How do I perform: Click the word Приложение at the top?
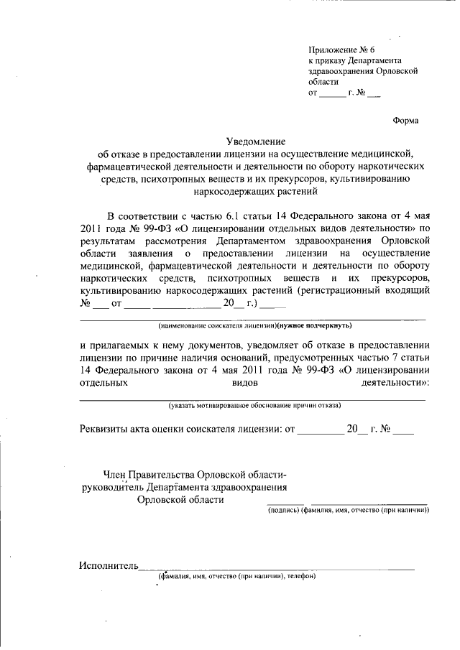click(x=333, y=50)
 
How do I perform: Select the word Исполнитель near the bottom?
click(x=108, y=566)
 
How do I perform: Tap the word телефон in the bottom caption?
click(x=300, y=576)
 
